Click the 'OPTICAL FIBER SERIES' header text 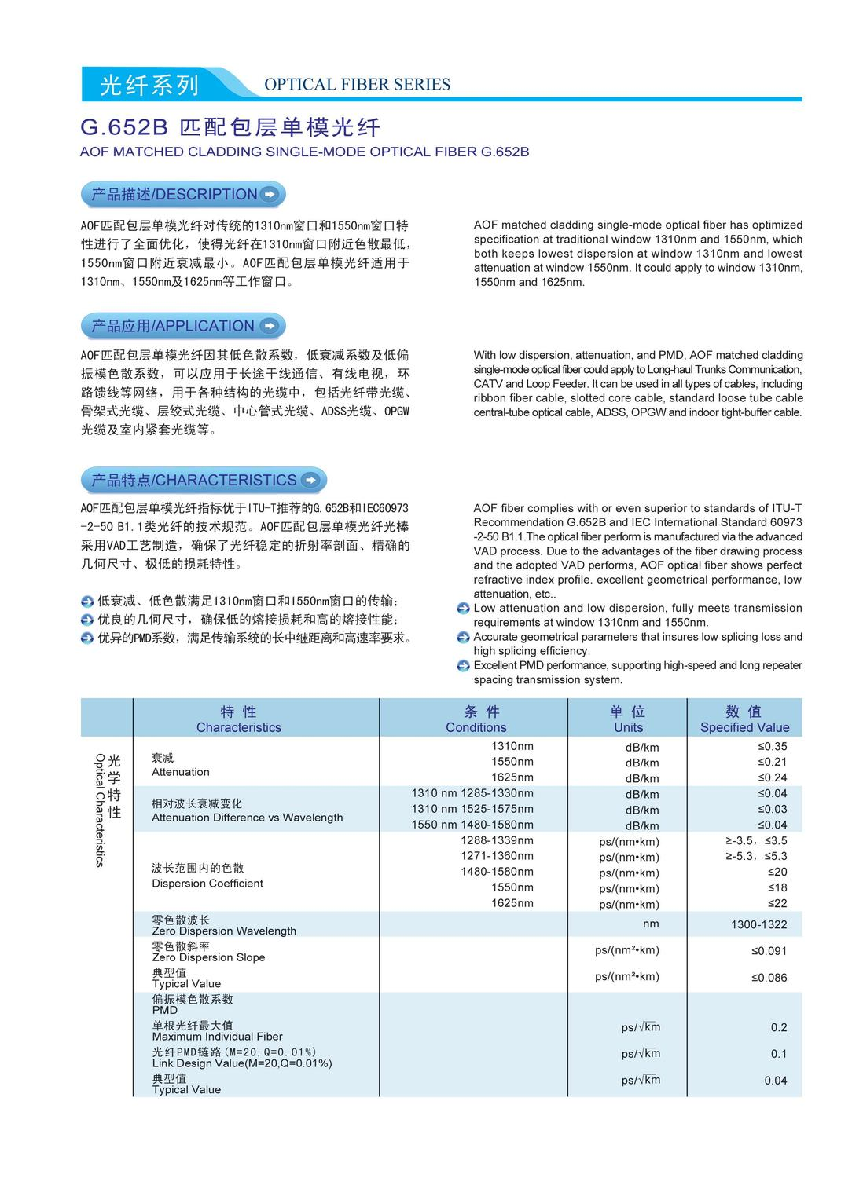click(x=357, y=85)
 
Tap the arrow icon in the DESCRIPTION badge click(x=270, y=194)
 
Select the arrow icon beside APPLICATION click(x=269, y=326)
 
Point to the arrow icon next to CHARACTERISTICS click(x=310, y=480)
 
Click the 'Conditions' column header click(x=476, y=727)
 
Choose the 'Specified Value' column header click(x=744, y=727)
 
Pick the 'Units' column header click(x=628, y=727)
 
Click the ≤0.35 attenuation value click(x=772, y=746)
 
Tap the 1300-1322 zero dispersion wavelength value click(x=758, y=925)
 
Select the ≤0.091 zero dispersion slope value click(x=769, y=951)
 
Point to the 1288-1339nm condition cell click(x=497, y=840)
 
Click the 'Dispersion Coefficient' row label click(x=207, y=883)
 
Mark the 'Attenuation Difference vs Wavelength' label click(x=247, y=818)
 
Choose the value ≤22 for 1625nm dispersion click(x=777, y=903)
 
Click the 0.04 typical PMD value click(x=775, y=1081)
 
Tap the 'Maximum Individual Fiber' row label click(x=217, y=1037)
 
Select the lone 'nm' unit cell click(x=650, y=924)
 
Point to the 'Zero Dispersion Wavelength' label click(x=224, y=931)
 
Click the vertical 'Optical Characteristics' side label click(x=100, y=810)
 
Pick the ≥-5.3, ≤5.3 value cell click(x=756, y=856)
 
